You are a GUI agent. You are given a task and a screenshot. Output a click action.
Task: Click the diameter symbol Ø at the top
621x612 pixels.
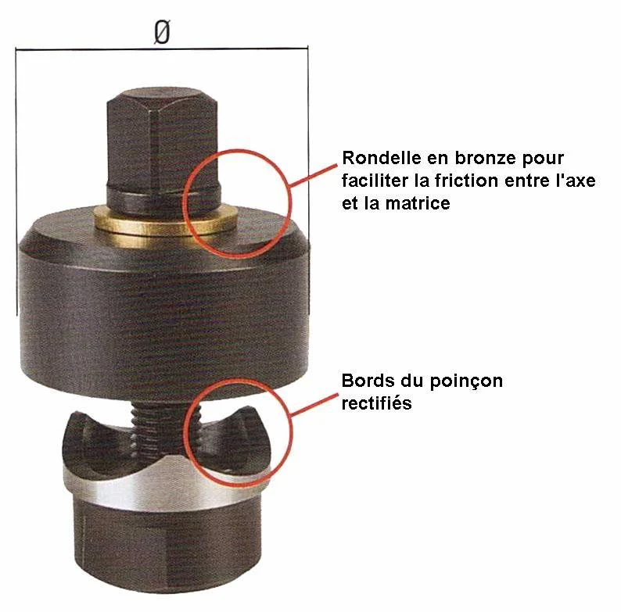[161, 33]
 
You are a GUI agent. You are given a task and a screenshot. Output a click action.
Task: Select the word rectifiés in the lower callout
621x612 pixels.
[378, 404]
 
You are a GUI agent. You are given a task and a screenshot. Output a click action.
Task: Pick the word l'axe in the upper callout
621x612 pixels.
[574, 181]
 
